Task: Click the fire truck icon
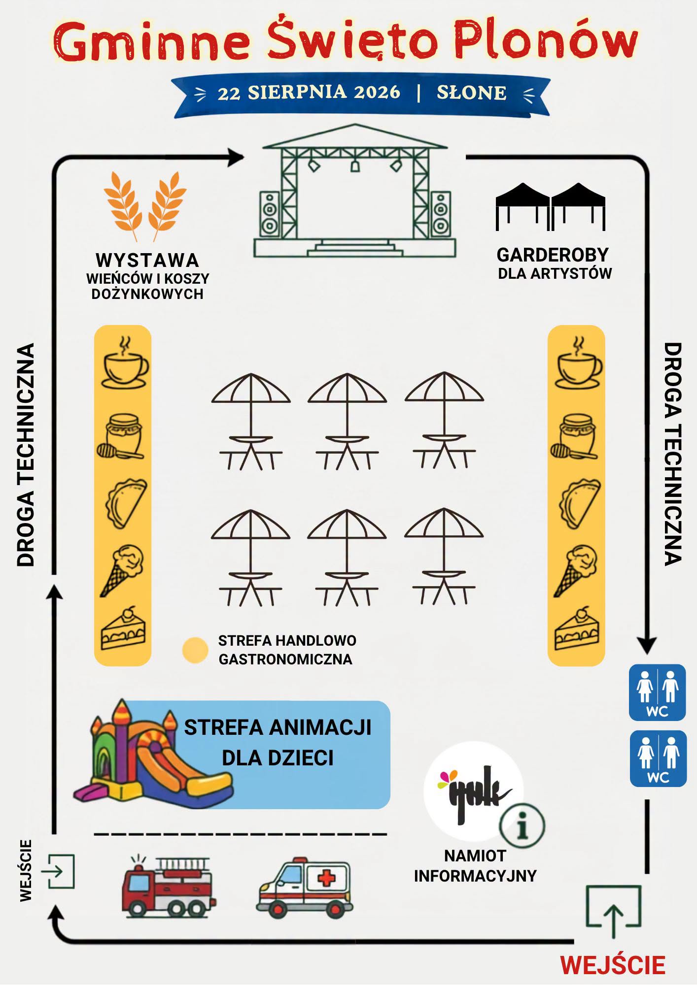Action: [168, 886]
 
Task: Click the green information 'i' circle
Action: [522, 826]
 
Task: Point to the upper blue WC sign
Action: [657, 692]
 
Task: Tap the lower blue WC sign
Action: [658, 758]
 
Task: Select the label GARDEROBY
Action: [553, 255]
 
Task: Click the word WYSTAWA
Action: [147, 260]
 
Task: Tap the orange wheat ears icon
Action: [145, 207]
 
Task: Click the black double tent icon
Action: [550, 207]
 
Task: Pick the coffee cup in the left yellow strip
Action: [124, 363]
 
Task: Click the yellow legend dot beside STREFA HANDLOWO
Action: [195, 650]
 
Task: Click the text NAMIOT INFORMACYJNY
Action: [475, 866]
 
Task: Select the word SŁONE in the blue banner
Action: [472, 93]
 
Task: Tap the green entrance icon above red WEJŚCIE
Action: [613, 911]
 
